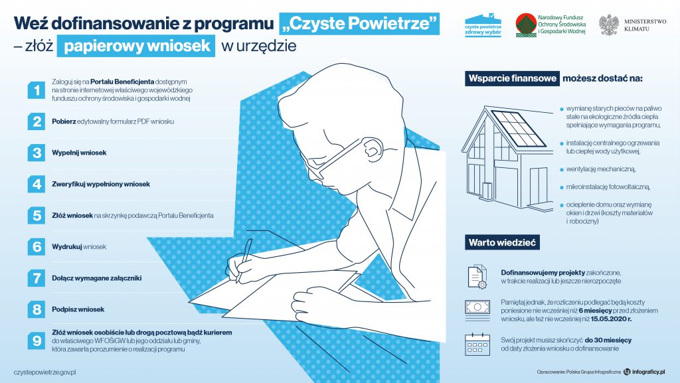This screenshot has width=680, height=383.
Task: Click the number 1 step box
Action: (35, 90)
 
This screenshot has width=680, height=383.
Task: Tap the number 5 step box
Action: (35, 216)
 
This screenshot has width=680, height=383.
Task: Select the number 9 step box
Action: (35, 341)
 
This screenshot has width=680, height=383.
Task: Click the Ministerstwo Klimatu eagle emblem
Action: (608, 25)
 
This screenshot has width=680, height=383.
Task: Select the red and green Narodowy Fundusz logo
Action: (525, 25)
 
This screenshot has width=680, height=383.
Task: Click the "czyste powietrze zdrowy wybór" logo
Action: (483, 25)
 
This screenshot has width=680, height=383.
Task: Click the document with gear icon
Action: (477, 276)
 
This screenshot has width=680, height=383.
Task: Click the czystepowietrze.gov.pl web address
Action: (45, 372)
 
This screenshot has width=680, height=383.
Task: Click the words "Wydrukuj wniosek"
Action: (79, 247)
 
